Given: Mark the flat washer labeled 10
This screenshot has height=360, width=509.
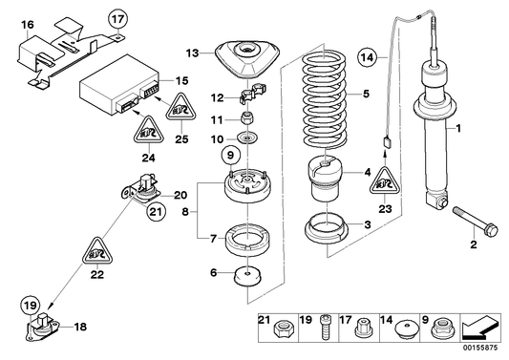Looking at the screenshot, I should pos(246,141).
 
